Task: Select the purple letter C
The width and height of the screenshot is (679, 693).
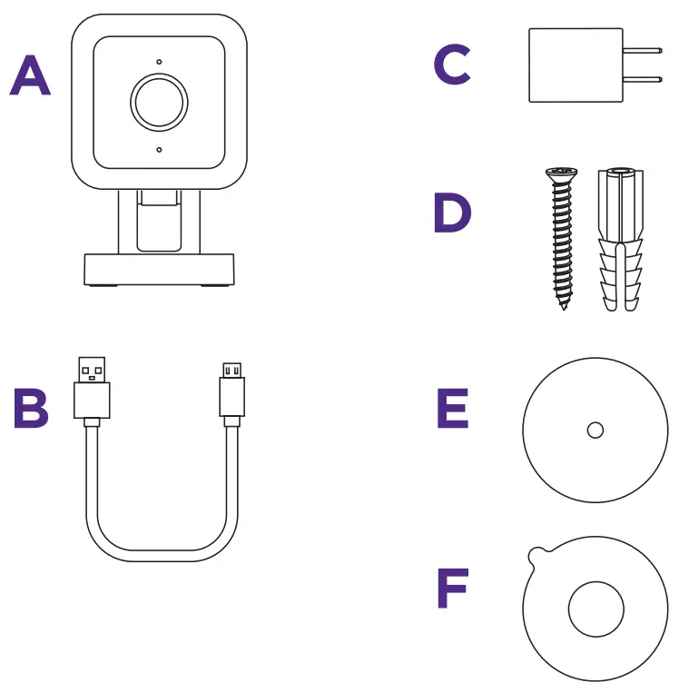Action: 452,65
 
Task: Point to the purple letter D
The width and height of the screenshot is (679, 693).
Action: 452,213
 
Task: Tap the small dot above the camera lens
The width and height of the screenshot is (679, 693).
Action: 159,62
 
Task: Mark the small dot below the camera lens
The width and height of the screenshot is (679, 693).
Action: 159,149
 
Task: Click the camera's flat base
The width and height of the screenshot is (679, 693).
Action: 159,270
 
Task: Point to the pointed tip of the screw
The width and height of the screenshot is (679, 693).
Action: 563,306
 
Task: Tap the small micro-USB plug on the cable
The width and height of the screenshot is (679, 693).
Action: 232,391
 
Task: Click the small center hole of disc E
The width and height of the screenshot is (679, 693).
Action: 595,431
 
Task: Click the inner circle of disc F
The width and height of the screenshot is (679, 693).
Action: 595,609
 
